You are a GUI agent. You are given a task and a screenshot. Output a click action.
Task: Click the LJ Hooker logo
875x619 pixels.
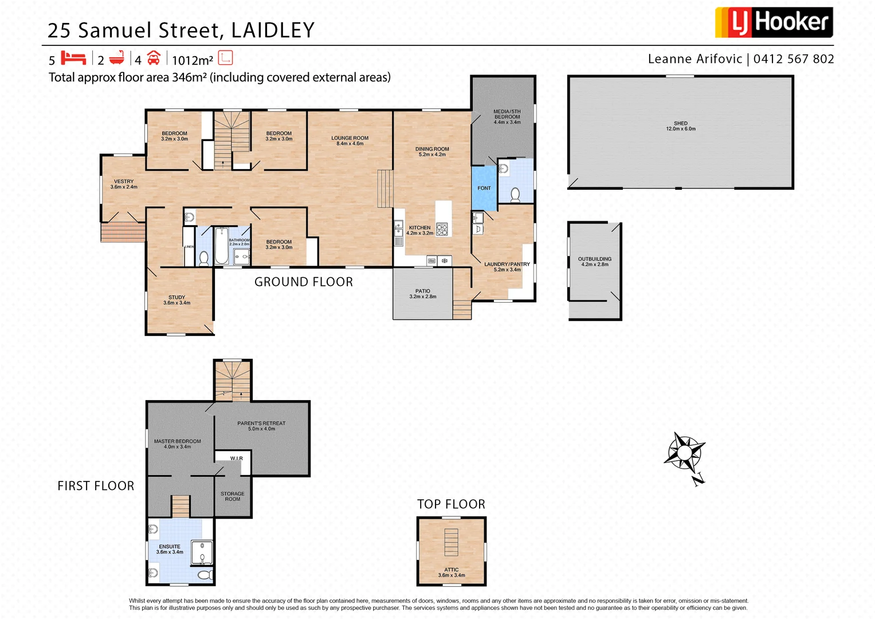[773, 22]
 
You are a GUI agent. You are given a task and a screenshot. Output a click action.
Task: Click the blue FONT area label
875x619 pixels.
[484, 188]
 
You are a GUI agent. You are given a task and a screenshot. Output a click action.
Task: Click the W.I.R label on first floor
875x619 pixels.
[236, 459]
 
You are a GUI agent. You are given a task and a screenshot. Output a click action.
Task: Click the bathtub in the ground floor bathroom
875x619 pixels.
[221, 245]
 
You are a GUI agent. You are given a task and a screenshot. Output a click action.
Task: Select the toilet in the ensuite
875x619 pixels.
[204, 574]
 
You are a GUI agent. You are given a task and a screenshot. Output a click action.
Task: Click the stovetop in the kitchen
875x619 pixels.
[442, 229]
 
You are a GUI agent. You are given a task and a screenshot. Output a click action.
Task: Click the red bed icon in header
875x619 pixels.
[73, 58]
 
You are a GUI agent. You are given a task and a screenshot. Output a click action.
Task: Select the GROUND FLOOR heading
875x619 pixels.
[303, 282]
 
